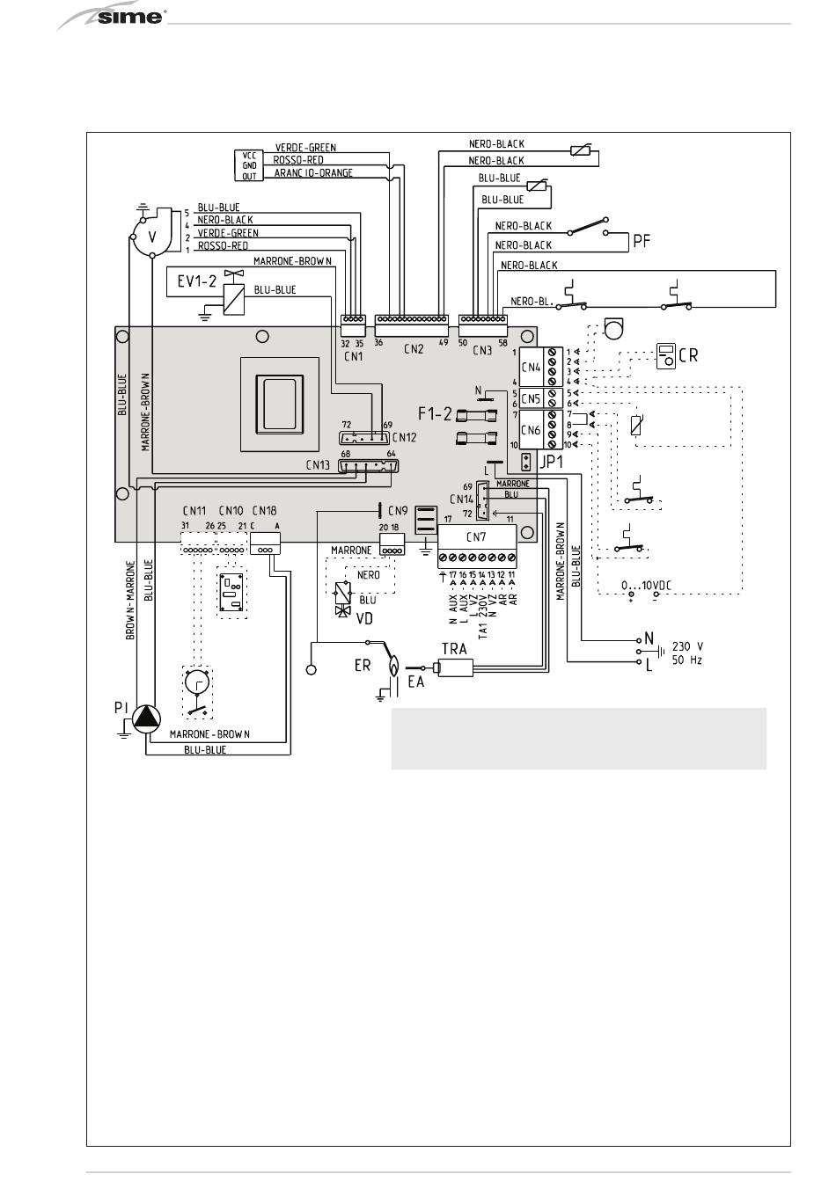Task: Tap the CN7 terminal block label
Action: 476,536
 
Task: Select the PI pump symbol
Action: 147,720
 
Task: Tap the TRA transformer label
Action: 453,650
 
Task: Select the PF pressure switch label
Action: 642,239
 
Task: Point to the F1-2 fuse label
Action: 435,410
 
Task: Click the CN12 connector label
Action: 405,436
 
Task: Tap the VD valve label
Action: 363,618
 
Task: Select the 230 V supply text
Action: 687,644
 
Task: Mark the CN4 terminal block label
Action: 531,368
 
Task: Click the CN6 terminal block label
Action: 531,430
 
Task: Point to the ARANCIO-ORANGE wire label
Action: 313,173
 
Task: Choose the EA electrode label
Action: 415,682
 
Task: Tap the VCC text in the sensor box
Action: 250,156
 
